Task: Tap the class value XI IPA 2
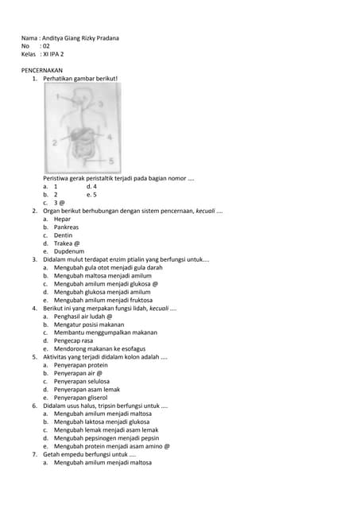(52, 54)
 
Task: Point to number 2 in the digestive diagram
(54, 143)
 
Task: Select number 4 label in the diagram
(109, 137)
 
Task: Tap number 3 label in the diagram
(100, 104)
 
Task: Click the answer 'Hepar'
(63, 219)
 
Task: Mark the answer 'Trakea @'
(67, 243)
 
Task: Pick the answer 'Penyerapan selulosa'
(81, 381)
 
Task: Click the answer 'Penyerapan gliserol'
(80, 398)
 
